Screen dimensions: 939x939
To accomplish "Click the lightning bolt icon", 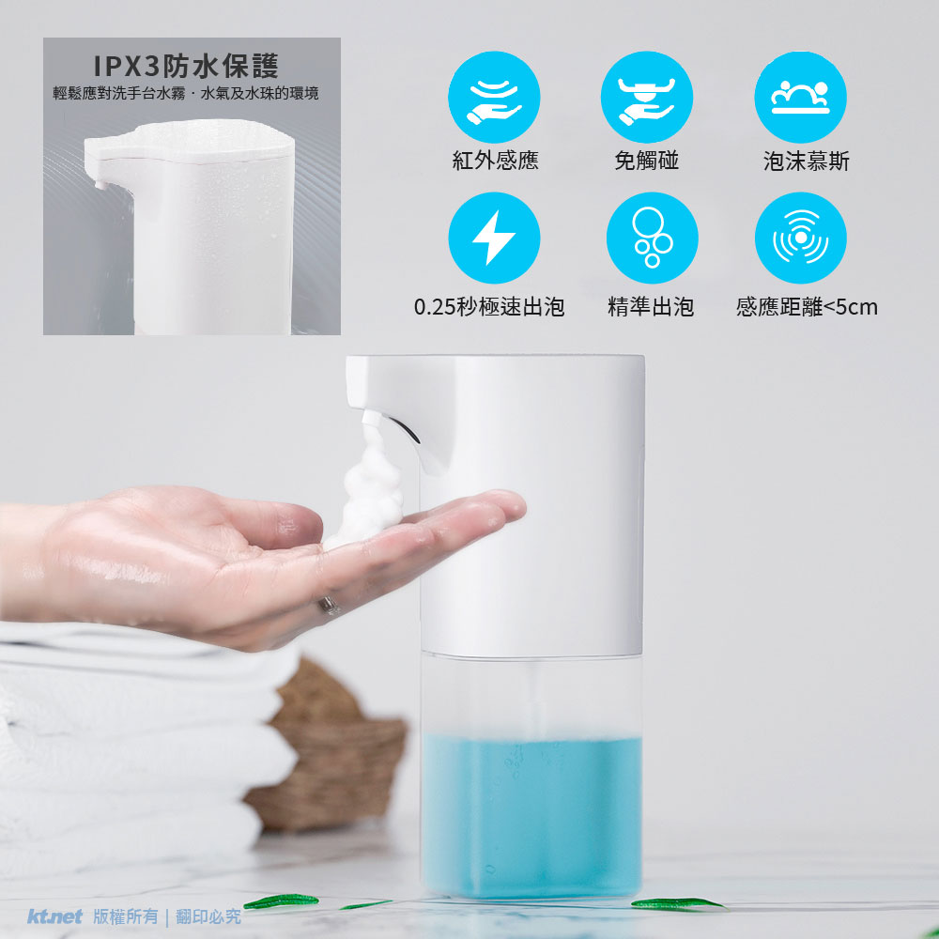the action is tap(494, 238).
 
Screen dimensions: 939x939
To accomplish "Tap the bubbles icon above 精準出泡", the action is tap(653, 238).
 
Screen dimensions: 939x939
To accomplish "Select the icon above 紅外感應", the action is tap(494, 97).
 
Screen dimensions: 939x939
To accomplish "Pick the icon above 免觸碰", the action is tap(647, 97).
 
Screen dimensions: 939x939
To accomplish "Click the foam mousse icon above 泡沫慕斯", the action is tap(801, 97).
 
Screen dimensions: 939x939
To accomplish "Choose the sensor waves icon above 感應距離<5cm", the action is tap(801, 238).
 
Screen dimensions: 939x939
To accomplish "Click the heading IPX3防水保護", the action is tap(186, 66).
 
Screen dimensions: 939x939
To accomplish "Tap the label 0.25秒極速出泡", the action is tap(489, 307).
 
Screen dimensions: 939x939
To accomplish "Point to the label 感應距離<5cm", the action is tap(807, 307).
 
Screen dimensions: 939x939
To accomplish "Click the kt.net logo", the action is tap(54, 916).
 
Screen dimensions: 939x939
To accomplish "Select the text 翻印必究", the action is tap(208, 916).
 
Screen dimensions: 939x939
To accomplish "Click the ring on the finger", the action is tap(329, 606).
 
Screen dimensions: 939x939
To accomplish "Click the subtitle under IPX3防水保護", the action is tap(186, 93).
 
